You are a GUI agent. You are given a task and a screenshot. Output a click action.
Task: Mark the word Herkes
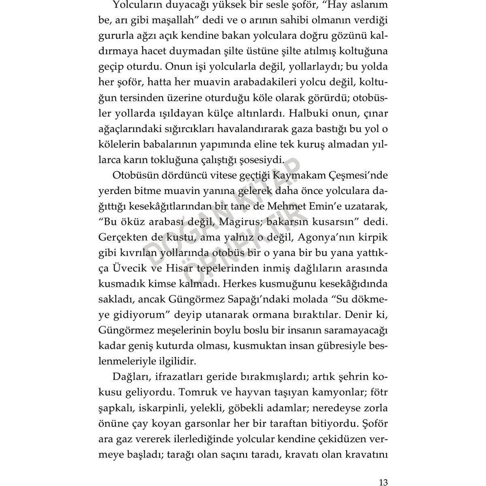pos(240,284)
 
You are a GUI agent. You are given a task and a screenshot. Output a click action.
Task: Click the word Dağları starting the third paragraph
pos(128,377)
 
